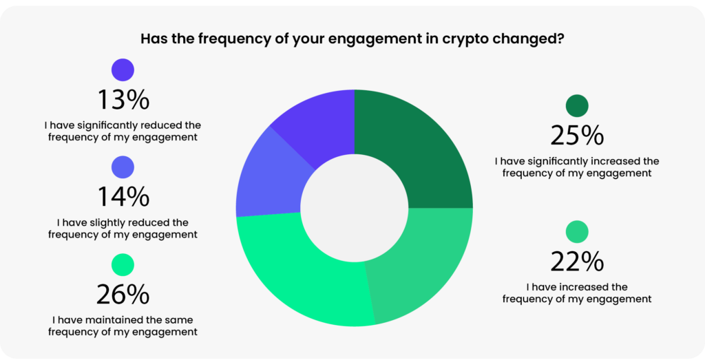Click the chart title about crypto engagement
coord(352,38)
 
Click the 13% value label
coord(123,100)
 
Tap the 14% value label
coord(123,198)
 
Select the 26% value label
coord(123,295)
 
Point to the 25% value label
coord(577,136)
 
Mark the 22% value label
coord(577,262)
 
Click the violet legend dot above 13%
coord(123,70)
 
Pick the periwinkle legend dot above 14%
coord(123,167)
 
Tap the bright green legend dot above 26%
coord(123,265)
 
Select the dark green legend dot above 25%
coord(577,106)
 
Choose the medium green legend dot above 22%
coord(577,232)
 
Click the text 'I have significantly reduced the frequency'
coord(123,130)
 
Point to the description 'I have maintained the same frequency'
coord(123,326)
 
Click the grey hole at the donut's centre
coord(355,208)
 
